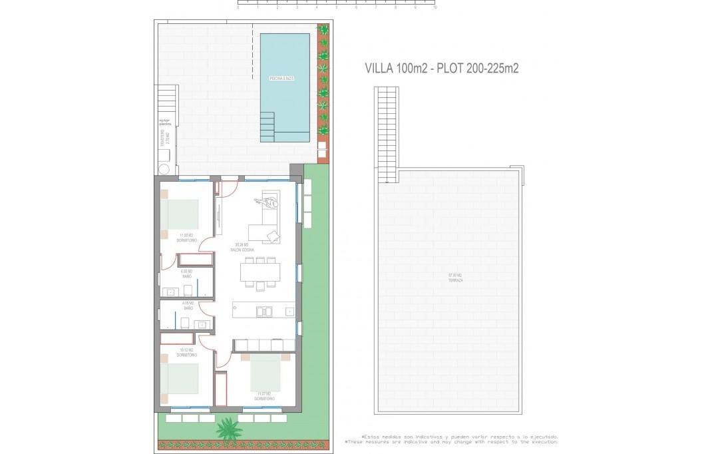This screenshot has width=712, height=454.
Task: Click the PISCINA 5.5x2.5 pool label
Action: (x=281, y=79)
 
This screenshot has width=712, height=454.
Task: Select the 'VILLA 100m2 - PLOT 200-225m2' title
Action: (x=442, y=68)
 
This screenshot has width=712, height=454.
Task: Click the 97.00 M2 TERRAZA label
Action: (x=455, y=278)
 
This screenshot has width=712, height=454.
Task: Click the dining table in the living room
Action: (x=260, y=272)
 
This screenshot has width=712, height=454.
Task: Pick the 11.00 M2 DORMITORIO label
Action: (x=186, y=237)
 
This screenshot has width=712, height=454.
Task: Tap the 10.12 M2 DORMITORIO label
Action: (x=186, y=352)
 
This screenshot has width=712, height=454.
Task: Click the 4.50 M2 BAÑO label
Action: (x=186, y=273)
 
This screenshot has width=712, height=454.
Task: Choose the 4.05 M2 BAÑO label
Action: (x=188, y=307)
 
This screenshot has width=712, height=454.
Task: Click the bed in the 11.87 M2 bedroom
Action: (x=265, y=372)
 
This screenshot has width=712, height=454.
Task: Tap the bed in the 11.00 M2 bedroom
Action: (x=180, y=215)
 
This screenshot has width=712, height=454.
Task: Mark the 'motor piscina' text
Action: (x=165, y=122)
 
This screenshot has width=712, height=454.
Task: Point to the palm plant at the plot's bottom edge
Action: (x=228, y=428)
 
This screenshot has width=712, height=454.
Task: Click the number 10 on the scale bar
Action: (x=435, y=8)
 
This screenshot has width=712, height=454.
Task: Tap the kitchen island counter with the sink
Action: (x=264, y=311)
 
